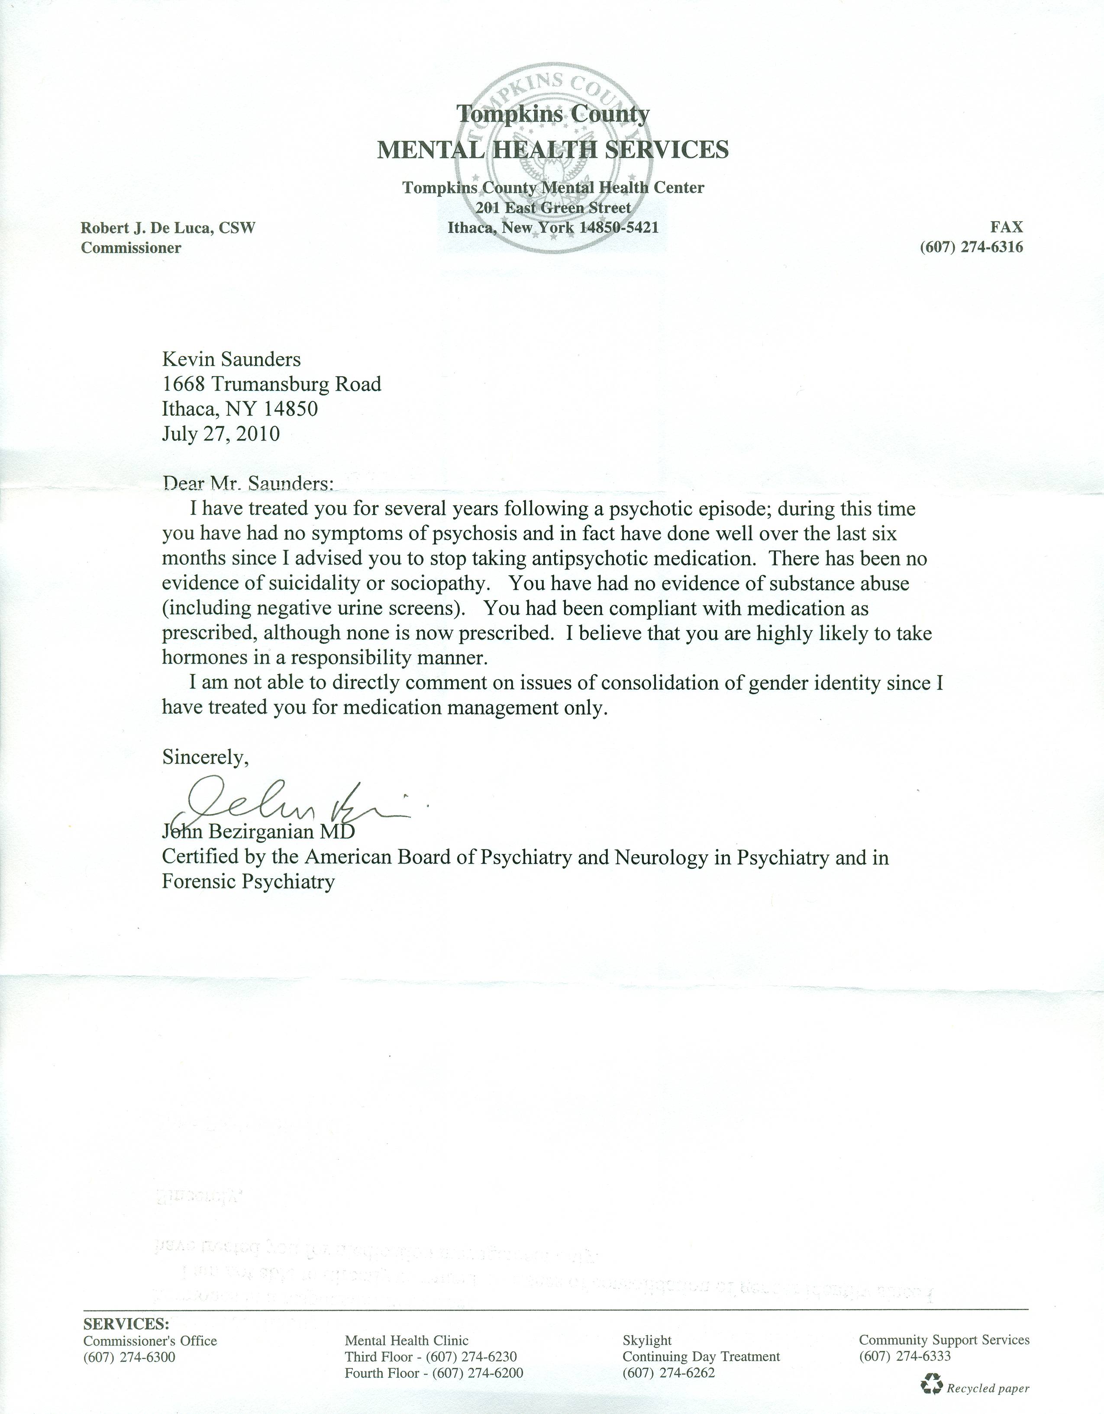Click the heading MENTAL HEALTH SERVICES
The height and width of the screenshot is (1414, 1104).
click(552, 150)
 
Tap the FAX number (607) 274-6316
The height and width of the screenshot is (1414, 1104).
click(971, 247)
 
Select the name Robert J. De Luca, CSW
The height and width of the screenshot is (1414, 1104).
click(168, 228)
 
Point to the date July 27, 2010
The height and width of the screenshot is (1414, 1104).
click(221, 433)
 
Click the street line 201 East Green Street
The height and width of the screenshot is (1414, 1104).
click(553, 208)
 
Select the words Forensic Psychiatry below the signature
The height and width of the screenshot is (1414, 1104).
click(248, 882)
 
